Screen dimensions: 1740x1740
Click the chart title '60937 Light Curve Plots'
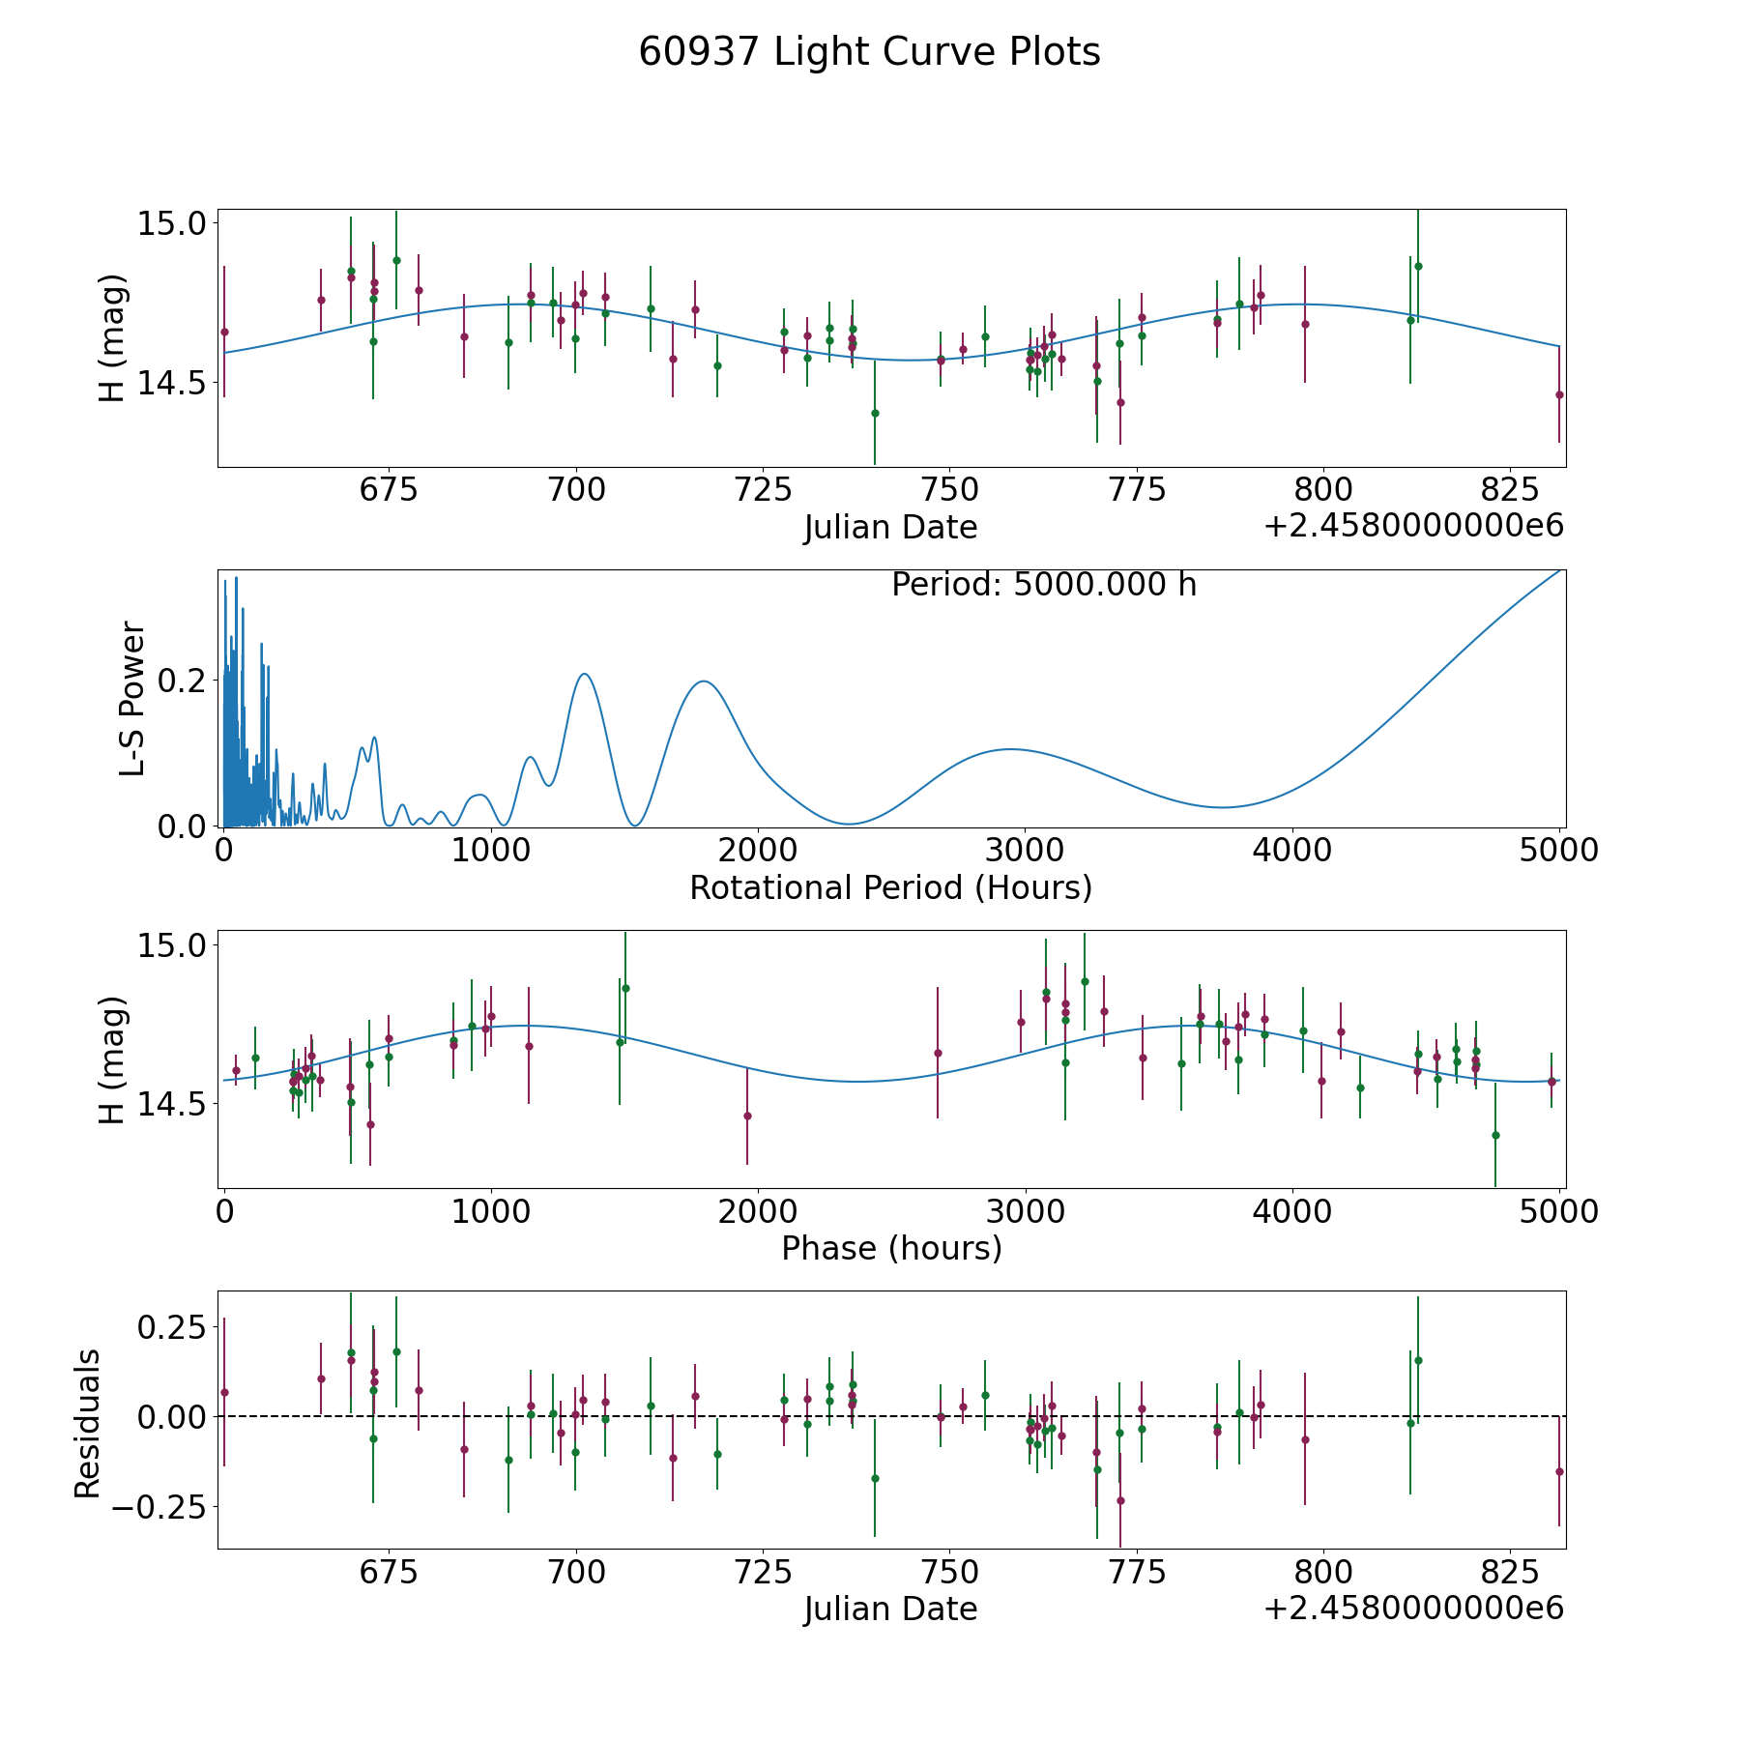869,52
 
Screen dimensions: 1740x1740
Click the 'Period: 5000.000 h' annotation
1044,585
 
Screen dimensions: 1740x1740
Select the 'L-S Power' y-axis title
132,698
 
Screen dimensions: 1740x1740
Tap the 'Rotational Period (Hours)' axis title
890,887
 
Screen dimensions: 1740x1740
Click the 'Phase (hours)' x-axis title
891,1248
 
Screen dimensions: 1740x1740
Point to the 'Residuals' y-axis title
87,1424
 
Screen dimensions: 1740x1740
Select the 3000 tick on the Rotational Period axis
1024,851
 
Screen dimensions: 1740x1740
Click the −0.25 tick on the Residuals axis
165,1507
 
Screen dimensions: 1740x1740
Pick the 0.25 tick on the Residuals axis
175,1326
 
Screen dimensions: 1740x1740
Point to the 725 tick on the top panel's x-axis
763,490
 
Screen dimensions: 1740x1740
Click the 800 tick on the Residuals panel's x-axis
1322,1572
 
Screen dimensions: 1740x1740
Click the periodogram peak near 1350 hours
584,674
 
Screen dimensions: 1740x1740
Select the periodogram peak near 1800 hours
704,681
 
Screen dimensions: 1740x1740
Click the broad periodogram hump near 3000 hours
1009,749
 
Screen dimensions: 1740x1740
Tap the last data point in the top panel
1559,394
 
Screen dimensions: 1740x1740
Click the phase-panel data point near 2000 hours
747,1116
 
